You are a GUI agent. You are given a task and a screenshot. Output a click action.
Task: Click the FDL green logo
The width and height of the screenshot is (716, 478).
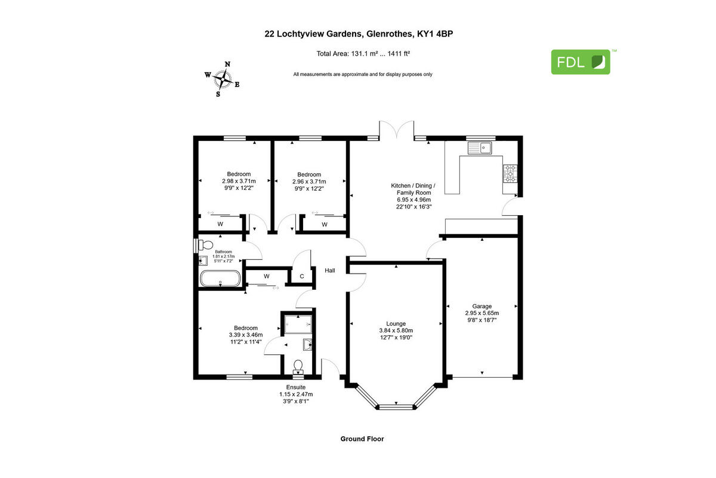pyautogui.click(x=580, y=62)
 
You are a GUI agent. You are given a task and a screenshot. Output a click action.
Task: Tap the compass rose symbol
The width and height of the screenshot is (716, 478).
pyautogui.click(x=223, y=78)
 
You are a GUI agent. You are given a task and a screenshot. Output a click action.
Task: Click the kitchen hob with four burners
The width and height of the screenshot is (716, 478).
pyautogui.click(x=510, y=173)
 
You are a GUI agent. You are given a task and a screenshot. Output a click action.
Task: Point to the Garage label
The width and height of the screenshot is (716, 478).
pyautogui.click(x=482, y=306)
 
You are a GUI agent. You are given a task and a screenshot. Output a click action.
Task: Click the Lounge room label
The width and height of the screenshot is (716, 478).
pyautogui.click(x=396, y=323)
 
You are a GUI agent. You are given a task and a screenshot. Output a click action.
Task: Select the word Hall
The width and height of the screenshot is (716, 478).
pyautogui.click(x=330, y=271)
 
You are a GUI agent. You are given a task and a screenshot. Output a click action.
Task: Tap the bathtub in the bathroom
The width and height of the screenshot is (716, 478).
pyautogui.click(x=220, y=278)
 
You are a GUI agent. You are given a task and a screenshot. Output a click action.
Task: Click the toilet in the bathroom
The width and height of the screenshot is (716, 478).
pyautogui.click(x=205, y=244)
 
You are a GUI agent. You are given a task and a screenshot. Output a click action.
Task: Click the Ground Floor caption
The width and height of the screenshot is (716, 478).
pyautogui.click(x=362, y=439)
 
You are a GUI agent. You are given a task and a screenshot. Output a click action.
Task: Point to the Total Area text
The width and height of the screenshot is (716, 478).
pyautogui.click(x=362, y=54)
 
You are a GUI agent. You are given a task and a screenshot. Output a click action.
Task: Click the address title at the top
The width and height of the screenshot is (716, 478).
pyautogui.click(x=362, y=34)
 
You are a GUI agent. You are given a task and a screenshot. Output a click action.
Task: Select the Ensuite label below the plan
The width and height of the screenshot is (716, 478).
pyautogui.click(x=296, y=387)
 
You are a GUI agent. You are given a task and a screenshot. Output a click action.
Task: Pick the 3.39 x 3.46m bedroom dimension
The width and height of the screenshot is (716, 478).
pyautogui.click(x=245, y=335)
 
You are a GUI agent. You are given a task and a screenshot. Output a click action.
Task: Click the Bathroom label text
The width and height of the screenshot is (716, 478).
pyautogui.click(x=223, y=252)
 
